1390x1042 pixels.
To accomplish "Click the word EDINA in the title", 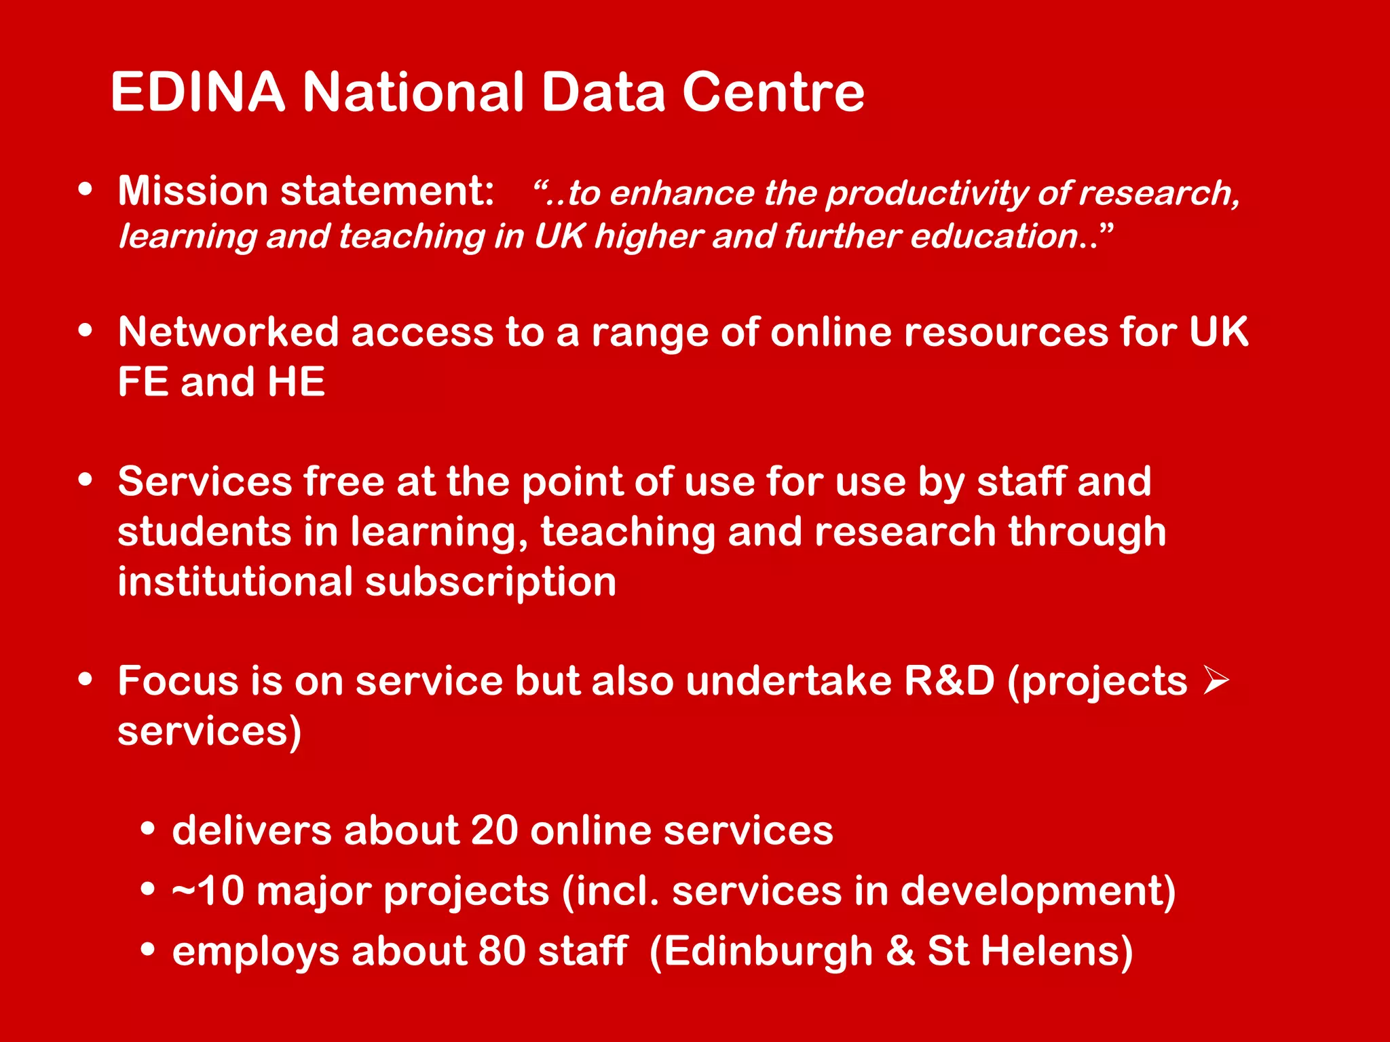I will tap(198, 92).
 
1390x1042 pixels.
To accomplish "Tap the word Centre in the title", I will tap(773, 92).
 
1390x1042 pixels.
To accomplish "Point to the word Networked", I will tap(228, 332).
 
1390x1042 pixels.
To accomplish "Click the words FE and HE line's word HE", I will tap(296, 382).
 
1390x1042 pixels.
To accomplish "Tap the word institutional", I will tap(236, 582).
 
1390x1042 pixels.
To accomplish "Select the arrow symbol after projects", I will tap(1215, 680).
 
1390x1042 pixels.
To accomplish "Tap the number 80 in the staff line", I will tap(502, 951).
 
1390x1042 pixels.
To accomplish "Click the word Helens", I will tap(1056, 951).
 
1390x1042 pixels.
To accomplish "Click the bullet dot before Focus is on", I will tap(85, 679).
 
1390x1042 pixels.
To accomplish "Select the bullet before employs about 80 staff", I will tap(147, 950).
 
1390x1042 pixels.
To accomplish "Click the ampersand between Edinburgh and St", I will tap(900, 951).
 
